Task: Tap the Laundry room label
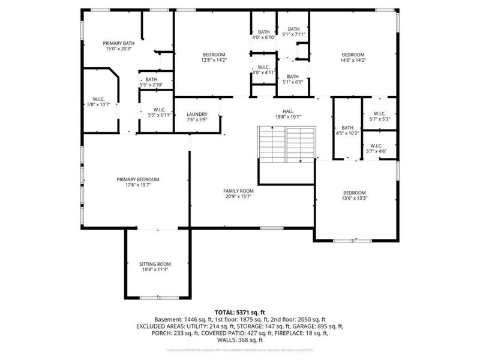[197, 114]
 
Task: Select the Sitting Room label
[155, 264]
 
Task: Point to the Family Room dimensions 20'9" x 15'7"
[239, 196]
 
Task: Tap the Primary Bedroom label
[137, 179]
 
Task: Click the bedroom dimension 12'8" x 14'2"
[213, 60]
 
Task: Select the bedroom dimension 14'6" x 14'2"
[353, 60]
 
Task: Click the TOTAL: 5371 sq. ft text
[239, 313]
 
